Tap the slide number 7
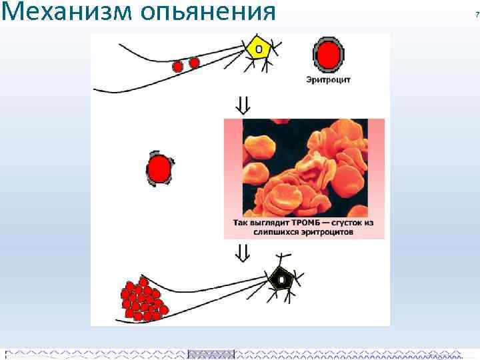pos(476,15)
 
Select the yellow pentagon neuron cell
pos(259,49)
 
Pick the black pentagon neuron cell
pos(283,279)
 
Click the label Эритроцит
pos(328,80)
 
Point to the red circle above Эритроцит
pos(327,55)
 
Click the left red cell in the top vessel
pos(178,67)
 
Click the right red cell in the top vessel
pos(194,63)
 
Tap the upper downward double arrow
pos(243,105)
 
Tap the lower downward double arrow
pos(243,252)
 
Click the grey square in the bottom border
pos(211,353)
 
